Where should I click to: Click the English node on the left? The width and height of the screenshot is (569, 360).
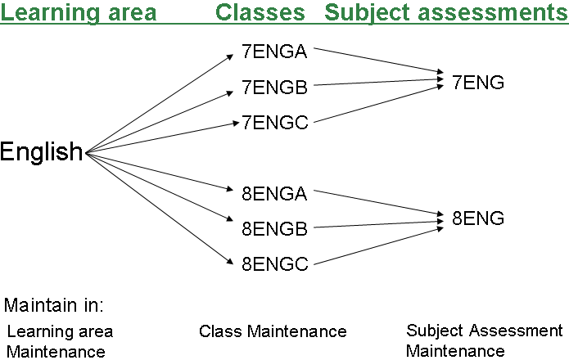click(42, 152)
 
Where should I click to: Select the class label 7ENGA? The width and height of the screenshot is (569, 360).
click(274, 52)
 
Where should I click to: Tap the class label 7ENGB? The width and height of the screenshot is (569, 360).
click(274, 86)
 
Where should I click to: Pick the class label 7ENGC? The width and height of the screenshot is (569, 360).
click(274, 123)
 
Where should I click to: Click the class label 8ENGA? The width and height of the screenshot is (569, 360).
click(274, 194)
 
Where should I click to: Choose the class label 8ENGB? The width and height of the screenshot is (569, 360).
click(274, 229)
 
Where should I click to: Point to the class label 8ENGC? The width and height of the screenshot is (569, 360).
click(274, 264)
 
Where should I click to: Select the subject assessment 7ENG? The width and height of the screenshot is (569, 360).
click(478, 82)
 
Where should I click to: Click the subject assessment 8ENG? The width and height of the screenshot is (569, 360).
click(478, 218)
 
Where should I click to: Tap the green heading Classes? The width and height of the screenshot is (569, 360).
click(260, 13)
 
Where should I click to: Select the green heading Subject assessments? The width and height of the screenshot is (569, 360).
click(446, 13)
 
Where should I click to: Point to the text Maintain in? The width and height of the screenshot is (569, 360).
click(54, 306)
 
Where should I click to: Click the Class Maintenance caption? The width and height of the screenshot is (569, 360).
click(273, 331)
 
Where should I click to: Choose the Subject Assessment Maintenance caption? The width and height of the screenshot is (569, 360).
click(484, 340)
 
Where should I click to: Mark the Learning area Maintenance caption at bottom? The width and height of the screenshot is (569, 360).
click(60, 341)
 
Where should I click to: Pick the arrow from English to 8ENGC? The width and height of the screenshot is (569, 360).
click(160, 207)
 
